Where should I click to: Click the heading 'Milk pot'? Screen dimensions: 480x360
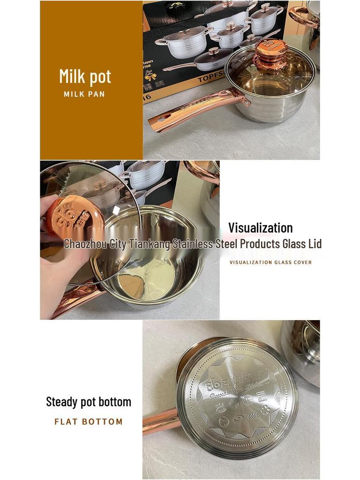85,76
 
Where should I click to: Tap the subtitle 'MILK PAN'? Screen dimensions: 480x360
84,94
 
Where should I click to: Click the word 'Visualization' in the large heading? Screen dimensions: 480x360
260,228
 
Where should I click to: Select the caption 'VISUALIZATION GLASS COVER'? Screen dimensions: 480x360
270,262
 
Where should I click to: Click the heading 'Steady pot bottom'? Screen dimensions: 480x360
89,402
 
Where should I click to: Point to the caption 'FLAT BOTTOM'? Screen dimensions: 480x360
89,421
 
